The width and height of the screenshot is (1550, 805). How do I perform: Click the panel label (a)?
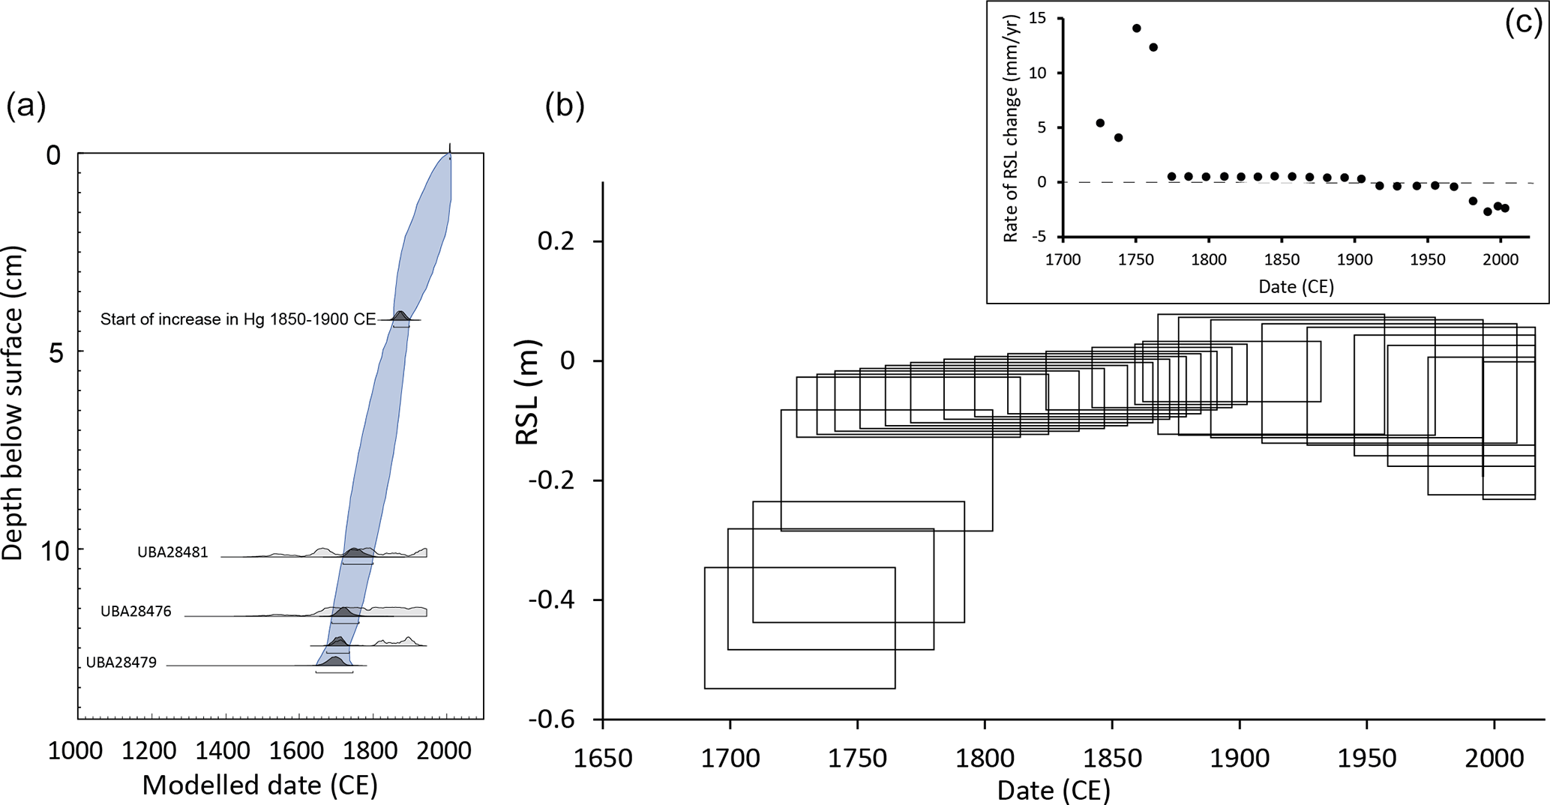pyautogui.click(x=26, y=106)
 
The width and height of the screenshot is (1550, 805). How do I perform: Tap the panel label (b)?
pyautogui.click(x=565, y=106)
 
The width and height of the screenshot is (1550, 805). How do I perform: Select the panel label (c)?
pyautogui.click(x=1523, y=23)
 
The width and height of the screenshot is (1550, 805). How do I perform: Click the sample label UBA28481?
pyautogui.click(x=172, y=552)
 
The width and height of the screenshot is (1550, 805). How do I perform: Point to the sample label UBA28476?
pyautogui.click(x=136, y=612)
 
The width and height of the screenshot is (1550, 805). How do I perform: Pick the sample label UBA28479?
pyautogui.click(x=121, y=663)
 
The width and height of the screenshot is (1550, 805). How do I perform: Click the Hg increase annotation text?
pyautogui.click(x=238, y=319)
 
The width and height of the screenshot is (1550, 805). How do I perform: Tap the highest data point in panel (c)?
pyautogui.click(x=1136, y=28)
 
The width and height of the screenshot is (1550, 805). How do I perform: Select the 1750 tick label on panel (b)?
pyautogui.click(x=857, y=759)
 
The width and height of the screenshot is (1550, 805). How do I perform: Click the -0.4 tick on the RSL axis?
pyautogui.click(x=551, y=600)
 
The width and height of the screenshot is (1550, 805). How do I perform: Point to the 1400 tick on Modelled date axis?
pyautogui.click(x=223, y=751)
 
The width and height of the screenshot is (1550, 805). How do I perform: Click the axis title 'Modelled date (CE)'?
pyautogui.click(x=259, y=786)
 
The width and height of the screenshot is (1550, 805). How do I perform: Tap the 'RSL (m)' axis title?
pyautogui.click(x=528, y=391)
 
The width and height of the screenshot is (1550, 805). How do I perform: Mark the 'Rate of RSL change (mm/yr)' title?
pyautogui.click(x=1010, y=128)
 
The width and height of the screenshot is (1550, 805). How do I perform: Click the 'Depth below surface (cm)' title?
pyautogui.click(x=13, y=403)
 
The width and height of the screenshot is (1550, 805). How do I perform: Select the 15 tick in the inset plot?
pyautogui.click(x=1037, y=18)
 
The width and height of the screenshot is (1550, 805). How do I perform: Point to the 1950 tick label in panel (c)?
pyautogui.click(x=1427, y=260)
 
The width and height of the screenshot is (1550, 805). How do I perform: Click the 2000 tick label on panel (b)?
pyautogui.click(x=1494, y=759)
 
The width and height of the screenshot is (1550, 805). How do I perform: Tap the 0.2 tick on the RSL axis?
pyautogui.click(x=556, y=241)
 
